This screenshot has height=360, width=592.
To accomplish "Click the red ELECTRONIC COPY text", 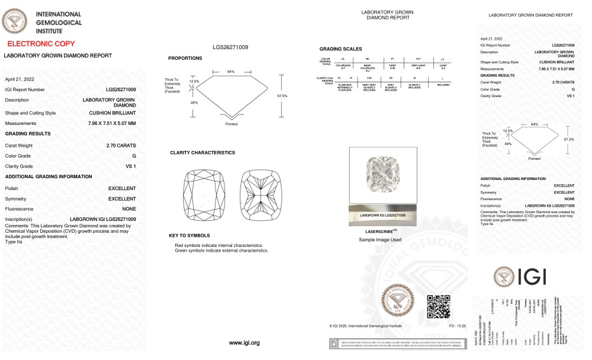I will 41,44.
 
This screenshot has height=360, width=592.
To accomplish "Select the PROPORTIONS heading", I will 185,58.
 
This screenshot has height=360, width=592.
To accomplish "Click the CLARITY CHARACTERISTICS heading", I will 202,153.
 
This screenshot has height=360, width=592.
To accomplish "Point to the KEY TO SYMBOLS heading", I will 189,236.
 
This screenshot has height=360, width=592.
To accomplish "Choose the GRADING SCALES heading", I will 340,49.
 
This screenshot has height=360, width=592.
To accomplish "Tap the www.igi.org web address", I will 244,343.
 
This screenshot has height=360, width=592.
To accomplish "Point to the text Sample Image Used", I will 380,240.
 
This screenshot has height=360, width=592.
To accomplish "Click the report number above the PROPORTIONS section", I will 230,47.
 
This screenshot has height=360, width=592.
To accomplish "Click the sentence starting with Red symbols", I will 218,245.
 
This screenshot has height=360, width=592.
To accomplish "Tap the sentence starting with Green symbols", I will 221,250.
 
